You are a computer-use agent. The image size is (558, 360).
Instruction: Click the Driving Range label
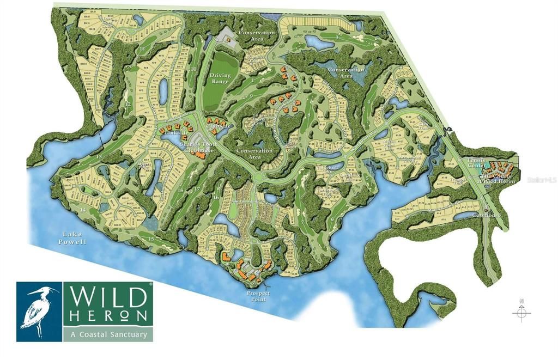[221, 79]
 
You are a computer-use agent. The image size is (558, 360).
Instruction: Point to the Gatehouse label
[486, 216]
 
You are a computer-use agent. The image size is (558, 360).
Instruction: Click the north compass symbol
[521, 311]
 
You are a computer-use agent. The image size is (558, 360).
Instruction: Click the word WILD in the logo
[108, 297]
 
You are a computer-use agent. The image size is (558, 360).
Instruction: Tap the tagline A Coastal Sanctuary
[108, 334]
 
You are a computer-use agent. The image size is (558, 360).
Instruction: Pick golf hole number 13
[99, 157]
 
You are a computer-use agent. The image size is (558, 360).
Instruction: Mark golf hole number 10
[193, 69]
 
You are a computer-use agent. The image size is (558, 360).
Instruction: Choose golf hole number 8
[308, 115]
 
